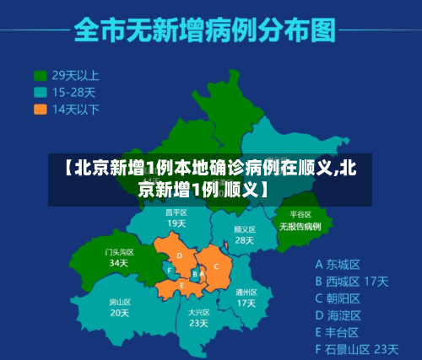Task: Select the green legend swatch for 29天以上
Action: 40,74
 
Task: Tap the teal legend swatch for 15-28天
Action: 40,91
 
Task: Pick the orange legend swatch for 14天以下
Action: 40,109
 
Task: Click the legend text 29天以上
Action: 75,74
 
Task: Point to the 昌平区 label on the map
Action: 176,212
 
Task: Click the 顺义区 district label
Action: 244,228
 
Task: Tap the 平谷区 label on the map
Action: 300,214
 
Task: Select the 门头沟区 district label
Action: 119,251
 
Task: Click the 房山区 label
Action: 120,301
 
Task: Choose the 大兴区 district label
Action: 198,312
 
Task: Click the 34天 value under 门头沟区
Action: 119,262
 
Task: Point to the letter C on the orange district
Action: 217,266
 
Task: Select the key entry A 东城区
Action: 338,262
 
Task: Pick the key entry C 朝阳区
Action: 338,298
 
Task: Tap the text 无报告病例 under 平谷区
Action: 300,226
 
